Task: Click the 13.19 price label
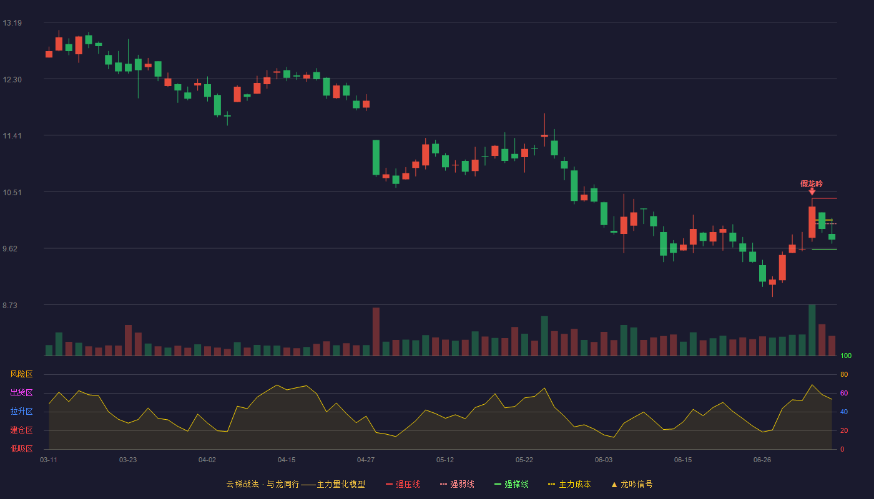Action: click(x=12, y=23)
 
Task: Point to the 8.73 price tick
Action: click(x=10, y=305)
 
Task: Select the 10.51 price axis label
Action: click(x=12, y=193)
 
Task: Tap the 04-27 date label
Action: click(x=366, y=460)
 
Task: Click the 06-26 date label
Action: click(x=762, y=460)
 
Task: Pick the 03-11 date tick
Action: click(x=49, y=460)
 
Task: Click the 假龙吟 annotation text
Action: click(x=812, y=183)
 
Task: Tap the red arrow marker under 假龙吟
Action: click(x=812, y=192)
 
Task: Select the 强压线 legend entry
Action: click(x=403, y=484)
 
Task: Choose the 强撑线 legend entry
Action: click(x=511, y=484)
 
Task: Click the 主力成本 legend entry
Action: click(x=569, y=484)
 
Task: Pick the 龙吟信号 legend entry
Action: click(x=632, y=484)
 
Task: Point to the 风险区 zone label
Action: click(x=21, y=374)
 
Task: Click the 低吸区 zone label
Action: click(x=21, y=449)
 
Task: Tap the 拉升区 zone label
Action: click(x=21, y=412)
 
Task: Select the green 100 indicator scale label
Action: click(x=846, y=356)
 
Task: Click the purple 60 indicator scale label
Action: click(x=844, y=393)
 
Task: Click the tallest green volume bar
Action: click(x=812, y=330)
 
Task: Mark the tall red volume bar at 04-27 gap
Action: click(x=376, y=332)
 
